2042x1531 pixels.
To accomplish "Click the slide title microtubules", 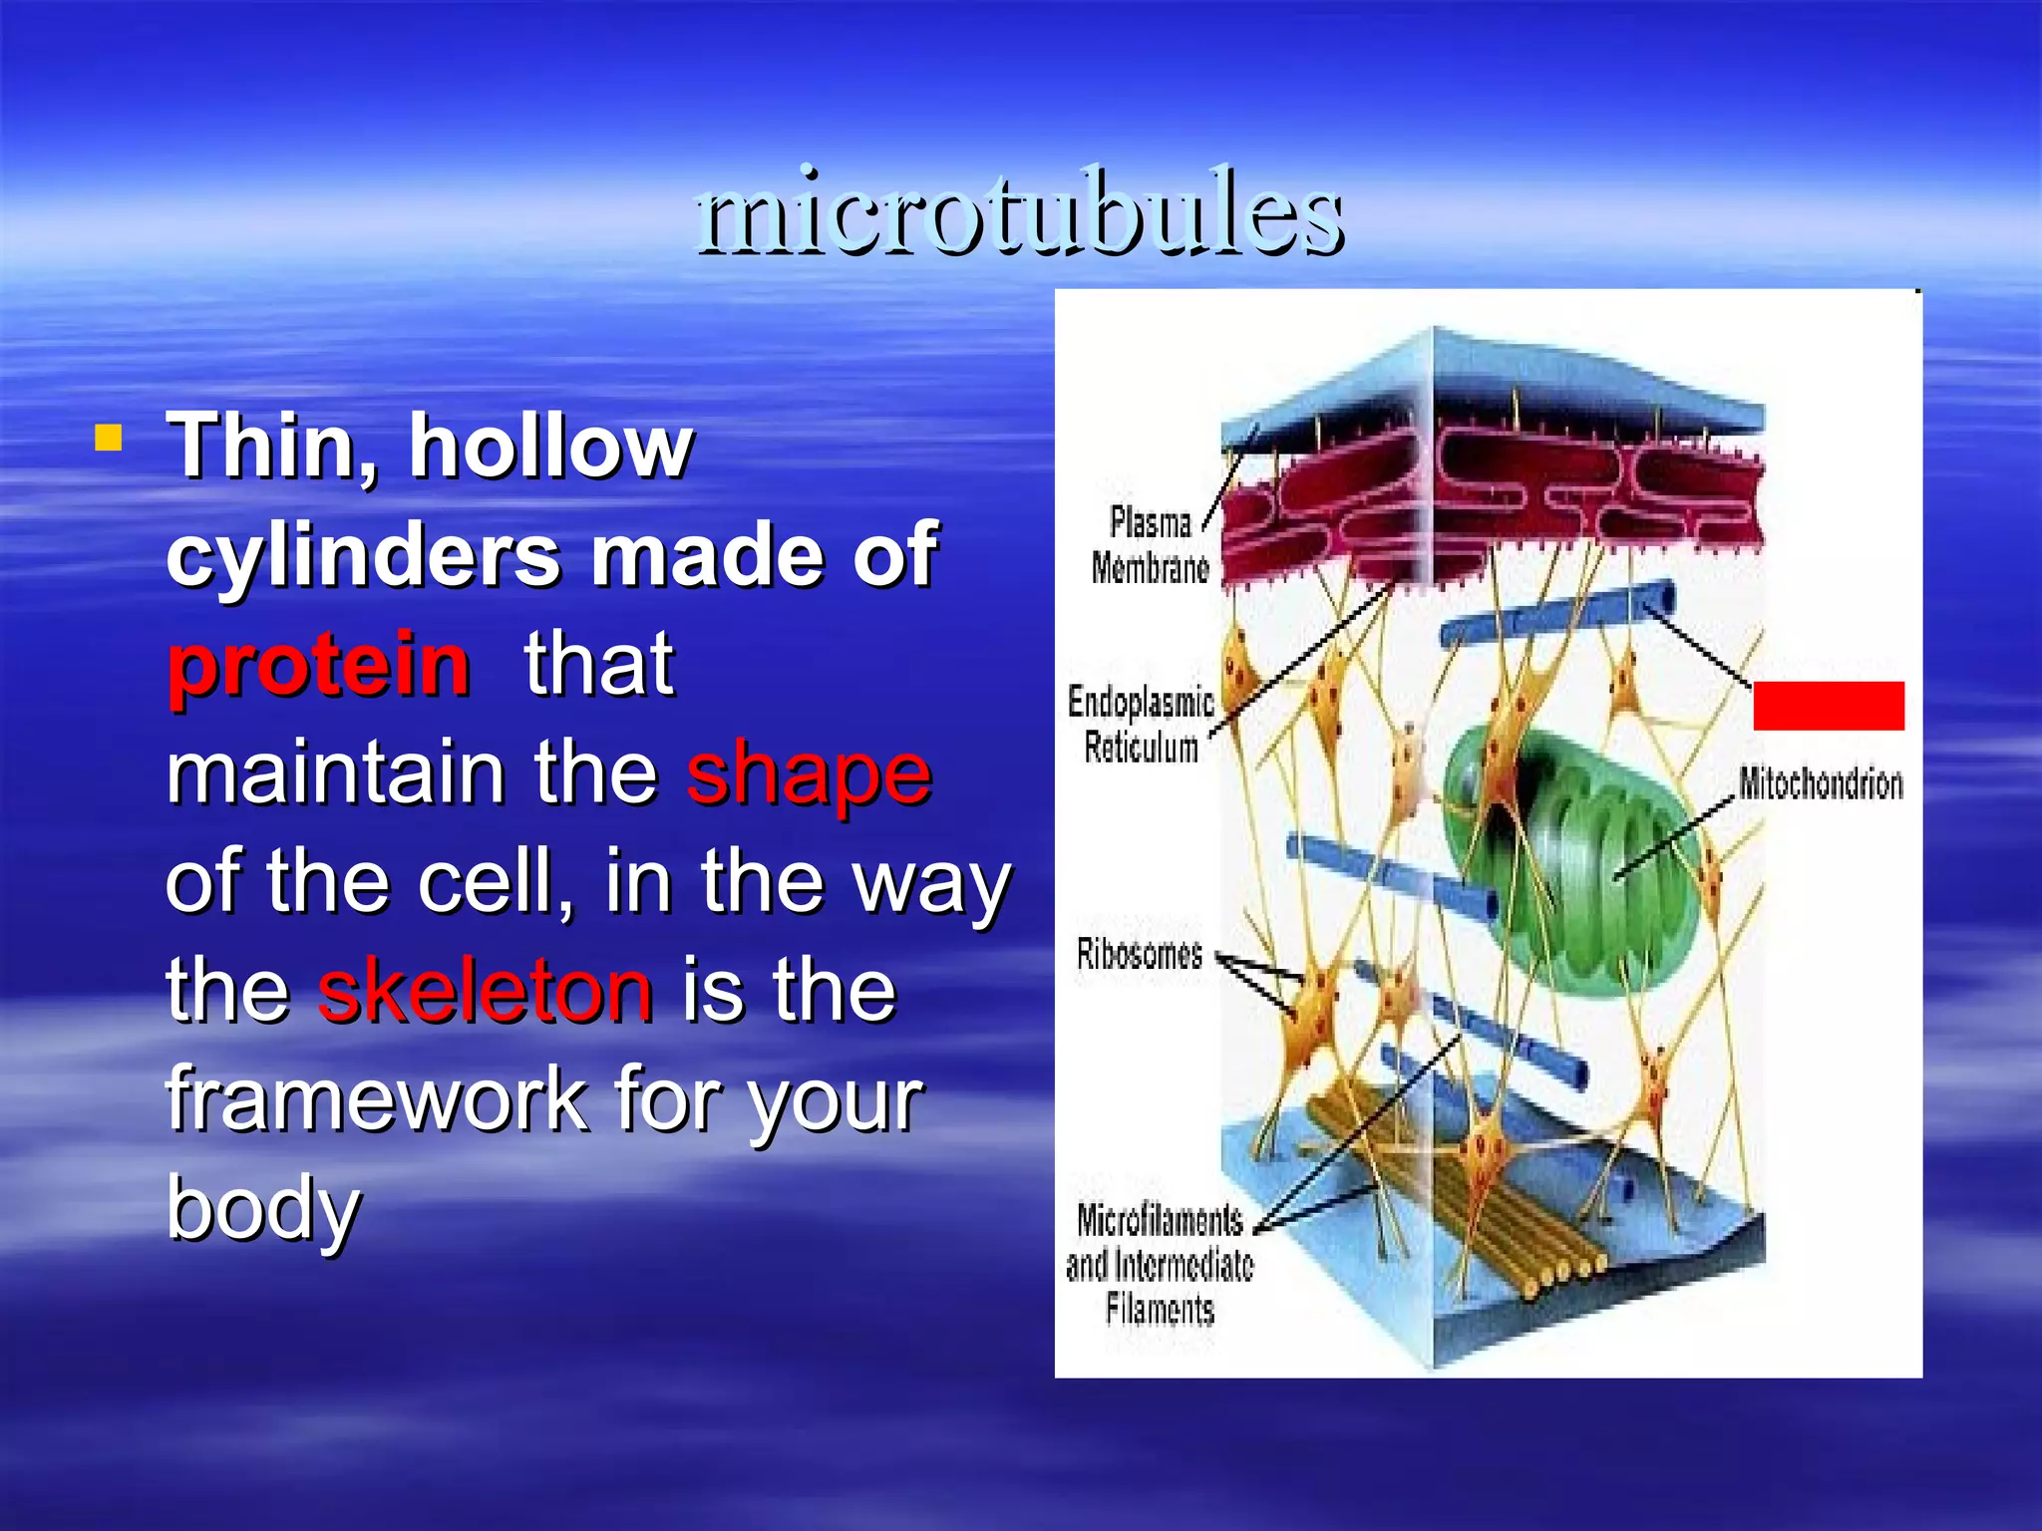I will pos(1021,212).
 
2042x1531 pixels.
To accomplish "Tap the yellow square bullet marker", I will pos(108,438).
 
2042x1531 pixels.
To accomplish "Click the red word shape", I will pos(809,774).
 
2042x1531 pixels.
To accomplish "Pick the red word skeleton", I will pos(486,991).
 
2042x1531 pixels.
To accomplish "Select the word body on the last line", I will pos(262,1208).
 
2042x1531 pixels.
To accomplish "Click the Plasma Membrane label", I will pos(1150,545).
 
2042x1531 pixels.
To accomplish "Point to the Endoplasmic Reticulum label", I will pos(1141,725).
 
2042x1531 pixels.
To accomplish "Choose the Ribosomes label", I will pos(1140,955).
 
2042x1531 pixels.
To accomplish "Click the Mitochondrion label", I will pos(1821,784).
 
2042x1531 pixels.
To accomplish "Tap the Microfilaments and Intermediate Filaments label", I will pos(1160,1264).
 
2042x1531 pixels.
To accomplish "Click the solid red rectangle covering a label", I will pos(1829,706).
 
